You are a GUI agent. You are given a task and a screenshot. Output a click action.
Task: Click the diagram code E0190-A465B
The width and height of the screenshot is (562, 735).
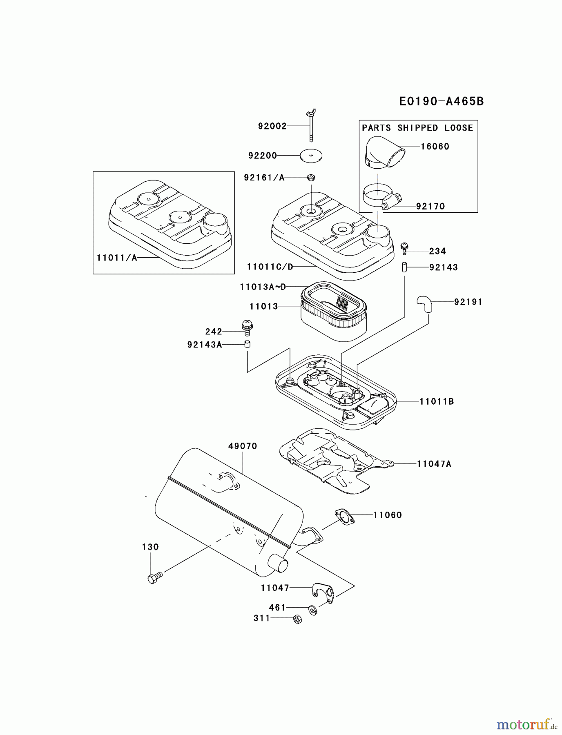[442, 101]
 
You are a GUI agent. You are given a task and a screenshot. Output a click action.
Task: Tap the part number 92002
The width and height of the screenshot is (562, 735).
[272, 126]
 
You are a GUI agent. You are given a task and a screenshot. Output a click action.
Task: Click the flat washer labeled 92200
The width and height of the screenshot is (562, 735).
[311, 155]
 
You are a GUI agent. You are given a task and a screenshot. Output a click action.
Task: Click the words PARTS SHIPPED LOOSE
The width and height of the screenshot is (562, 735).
[417, 128]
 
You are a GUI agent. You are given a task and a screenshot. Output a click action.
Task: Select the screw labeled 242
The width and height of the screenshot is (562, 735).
[246, 327]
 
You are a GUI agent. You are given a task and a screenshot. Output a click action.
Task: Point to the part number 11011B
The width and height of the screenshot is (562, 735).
[437, 401]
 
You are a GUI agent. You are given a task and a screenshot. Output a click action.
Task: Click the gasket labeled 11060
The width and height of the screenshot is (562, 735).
[344, 517]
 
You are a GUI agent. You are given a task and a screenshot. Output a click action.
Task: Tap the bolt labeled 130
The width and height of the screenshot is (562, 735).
[154, 578]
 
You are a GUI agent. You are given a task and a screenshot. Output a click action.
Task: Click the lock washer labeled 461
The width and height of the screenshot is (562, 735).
[313, 610]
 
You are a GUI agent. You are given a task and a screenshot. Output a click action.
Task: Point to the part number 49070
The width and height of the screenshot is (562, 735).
[243, 446]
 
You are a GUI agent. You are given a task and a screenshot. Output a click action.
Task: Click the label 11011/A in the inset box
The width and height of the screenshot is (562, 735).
[117, 258]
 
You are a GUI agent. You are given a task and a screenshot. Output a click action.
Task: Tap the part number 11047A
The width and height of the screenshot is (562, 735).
[434, 464]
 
